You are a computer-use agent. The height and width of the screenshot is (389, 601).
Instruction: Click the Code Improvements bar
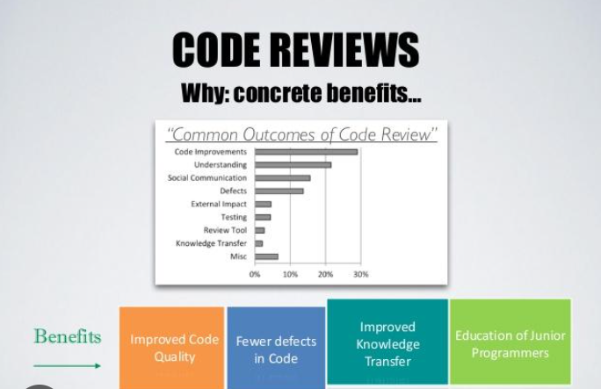(x=306, y=152)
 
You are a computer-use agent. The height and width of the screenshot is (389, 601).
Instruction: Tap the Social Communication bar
(x=282, y=177)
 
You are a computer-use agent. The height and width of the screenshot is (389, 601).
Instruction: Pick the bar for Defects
(x=279, y=191)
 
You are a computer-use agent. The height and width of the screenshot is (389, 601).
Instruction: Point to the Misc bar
(x=266, y=256)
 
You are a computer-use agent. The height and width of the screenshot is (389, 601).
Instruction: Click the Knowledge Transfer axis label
(x=211, y=243)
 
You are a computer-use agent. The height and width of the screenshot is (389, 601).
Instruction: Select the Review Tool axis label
(x=225, y=230)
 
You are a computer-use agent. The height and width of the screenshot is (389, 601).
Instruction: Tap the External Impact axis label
(x=219, y=204)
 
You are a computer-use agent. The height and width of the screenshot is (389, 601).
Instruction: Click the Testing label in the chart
(x=234, y=217)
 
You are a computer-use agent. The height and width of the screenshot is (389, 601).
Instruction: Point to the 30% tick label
(x=360, y=274)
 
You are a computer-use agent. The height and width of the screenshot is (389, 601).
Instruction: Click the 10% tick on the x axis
(x=290, y=274)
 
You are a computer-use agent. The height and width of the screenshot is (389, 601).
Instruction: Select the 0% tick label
(x=255, y=274)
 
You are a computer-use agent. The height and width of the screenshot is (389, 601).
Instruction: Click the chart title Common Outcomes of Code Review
(x=301, y=134)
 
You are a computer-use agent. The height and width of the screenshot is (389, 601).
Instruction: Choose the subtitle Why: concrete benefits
(x=300, y=92)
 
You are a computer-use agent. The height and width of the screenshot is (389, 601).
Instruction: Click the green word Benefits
(x=67, y=336)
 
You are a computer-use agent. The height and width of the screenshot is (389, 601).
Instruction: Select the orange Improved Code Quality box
(x=171, y=348)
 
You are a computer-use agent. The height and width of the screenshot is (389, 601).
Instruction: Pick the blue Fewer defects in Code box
(x=275, y=349)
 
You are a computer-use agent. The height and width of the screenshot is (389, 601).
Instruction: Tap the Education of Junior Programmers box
(x=510, y=343)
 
